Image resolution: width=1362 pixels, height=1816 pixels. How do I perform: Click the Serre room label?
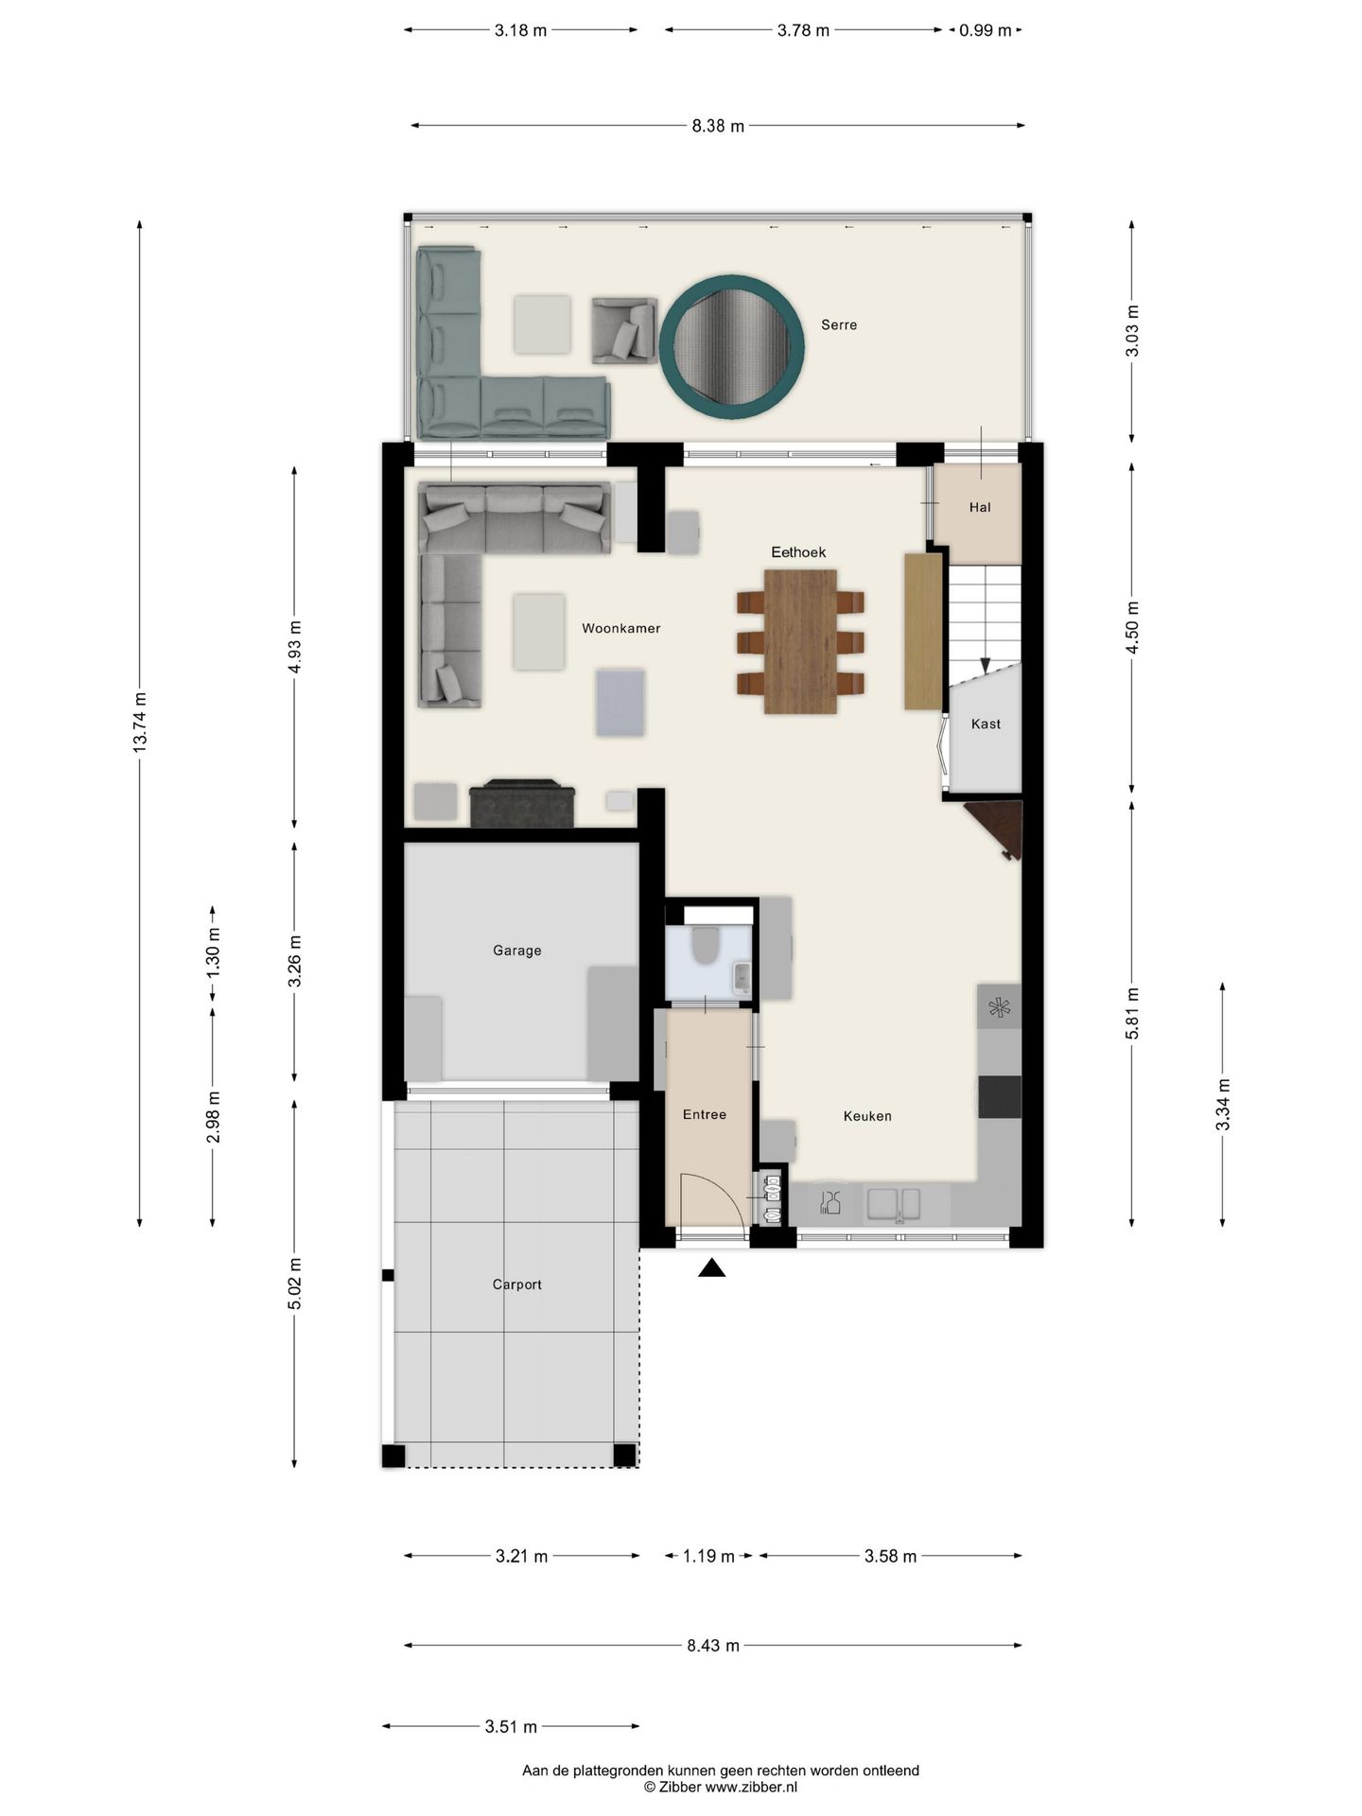tap(839, 324)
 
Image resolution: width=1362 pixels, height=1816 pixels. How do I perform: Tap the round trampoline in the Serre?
tap(732, 346)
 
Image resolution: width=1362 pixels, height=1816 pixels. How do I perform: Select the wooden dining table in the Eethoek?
tap(800, 641)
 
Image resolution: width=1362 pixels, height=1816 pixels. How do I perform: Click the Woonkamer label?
tap(620, 628)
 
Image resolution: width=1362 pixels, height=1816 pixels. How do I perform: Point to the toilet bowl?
tap(706, 945)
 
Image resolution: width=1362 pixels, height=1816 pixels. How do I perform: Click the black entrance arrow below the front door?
tap(711, 1267)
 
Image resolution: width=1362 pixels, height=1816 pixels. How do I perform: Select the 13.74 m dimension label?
tap(140, 723)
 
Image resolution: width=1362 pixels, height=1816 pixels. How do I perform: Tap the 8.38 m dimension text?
tap(718, 126)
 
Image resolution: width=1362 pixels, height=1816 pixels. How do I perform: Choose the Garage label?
tap(516, 951)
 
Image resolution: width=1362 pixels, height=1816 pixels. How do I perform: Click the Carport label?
tap(516, 1284)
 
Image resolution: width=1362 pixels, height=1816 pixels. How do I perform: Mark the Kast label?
tap(986, 724)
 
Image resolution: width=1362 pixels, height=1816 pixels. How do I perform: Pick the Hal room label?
tap(980, 507)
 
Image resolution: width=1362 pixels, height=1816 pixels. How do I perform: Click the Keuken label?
tap(867, 1116)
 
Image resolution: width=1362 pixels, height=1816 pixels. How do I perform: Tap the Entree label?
tap(705, 1114)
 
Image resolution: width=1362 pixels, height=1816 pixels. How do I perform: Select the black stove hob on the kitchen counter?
tap(1000, 1097)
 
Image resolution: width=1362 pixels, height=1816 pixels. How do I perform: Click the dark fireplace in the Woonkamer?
tap(522, 803)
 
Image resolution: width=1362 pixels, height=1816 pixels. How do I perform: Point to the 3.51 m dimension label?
tap(511, 1726)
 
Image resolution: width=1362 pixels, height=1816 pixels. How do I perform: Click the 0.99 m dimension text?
tap(985, 30)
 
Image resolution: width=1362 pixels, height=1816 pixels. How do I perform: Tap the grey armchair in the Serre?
tap(624, 330)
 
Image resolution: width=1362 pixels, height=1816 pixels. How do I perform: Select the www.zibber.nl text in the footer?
tap(751, 1787)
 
